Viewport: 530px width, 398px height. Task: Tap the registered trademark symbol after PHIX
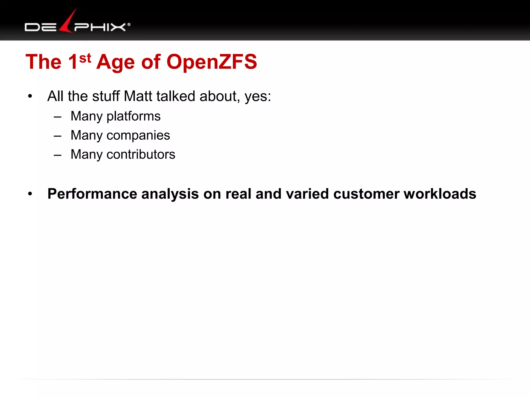129,25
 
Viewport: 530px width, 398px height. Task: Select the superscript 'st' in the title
85,58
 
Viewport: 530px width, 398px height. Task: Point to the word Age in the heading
115,62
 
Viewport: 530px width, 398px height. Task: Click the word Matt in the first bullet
138,96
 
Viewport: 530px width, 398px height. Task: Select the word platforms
134,116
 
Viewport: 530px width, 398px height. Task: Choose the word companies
138,135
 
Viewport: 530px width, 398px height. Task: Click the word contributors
141,154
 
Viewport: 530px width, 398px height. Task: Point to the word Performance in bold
92,194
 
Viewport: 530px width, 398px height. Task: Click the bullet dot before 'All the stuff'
30,96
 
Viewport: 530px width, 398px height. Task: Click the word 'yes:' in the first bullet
258,97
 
